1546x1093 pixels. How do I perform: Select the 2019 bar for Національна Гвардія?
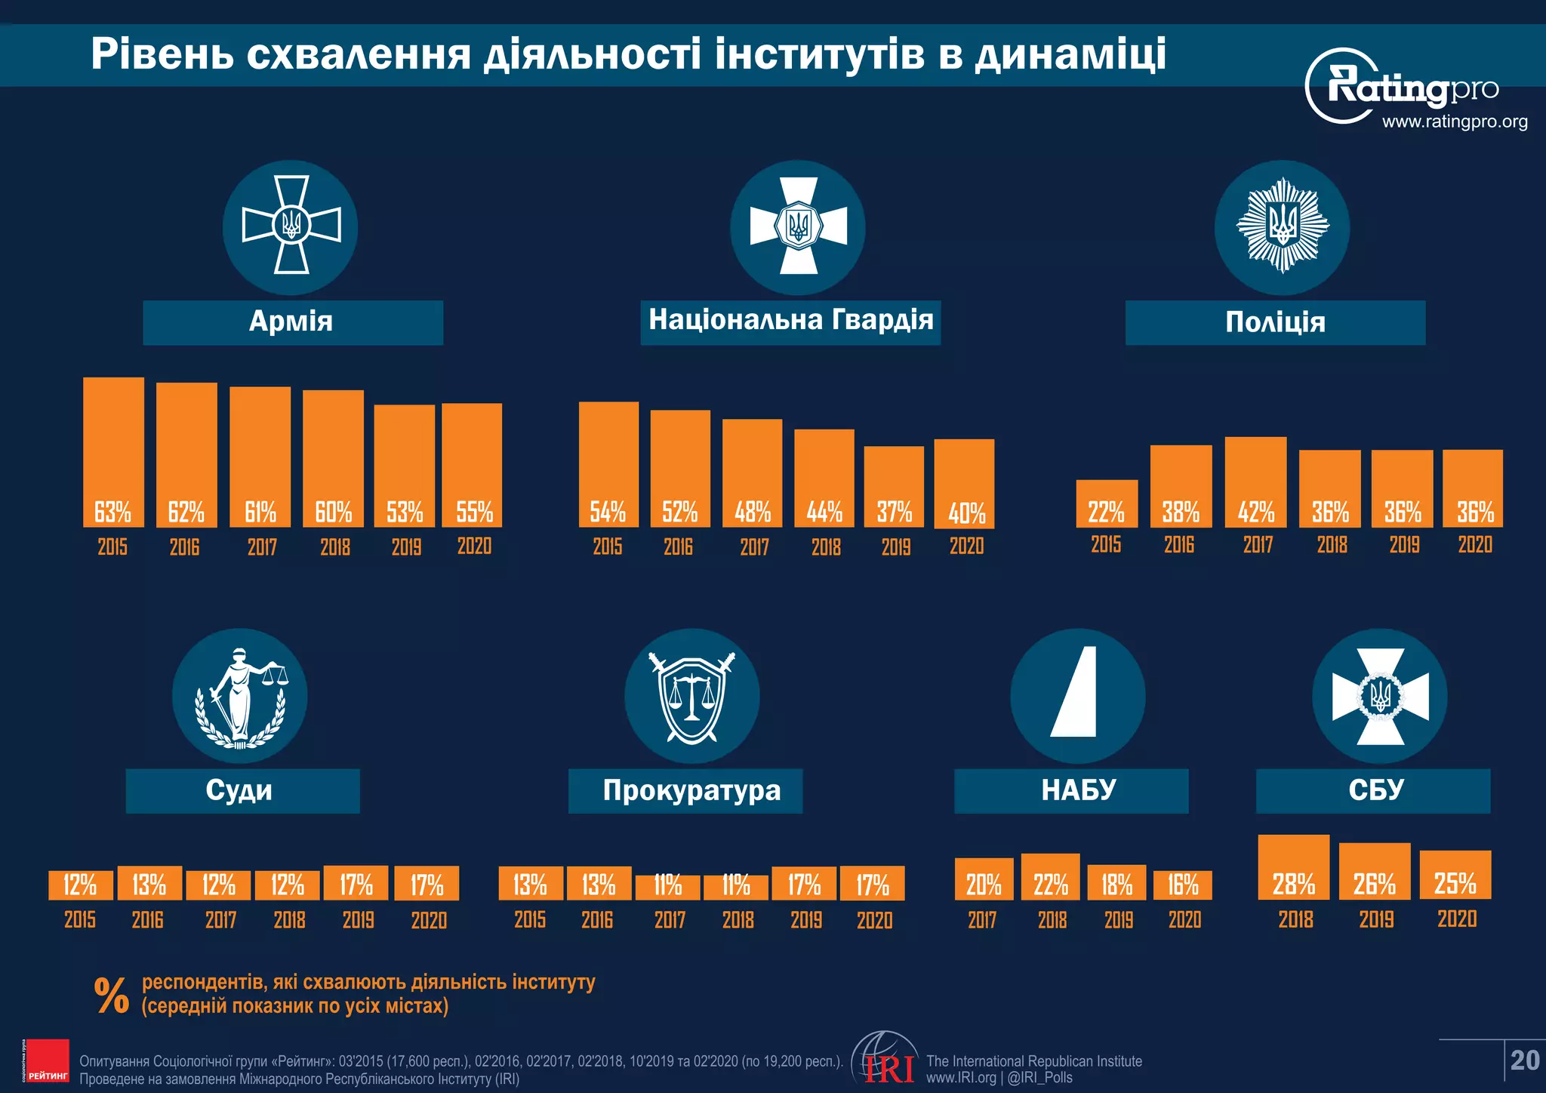(894, 486)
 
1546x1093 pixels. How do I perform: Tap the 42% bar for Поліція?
(1255, 481)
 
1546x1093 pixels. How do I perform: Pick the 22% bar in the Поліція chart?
(1107, 503)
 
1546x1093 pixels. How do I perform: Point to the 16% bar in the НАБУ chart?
(1182, 885)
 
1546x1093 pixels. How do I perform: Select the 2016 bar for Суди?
(149, 882)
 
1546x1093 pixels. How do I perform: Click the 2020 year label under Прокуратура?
(874, 920)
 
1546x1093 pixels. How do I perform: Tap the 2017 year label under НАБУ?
(982, 920)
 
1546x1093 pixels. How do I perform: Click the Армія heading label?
(292, 322)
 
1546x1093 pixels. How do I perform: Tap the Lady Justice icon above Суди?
(239, 696)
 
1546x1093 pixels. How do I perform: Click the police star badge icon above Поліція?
(1282, 226)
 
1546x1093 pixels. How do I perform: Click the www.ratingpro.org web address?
(1454, 122)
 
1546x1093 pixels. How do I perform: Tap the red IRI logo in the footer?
(888, 1067)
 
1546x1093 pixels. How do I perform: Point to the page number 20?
(1524, 1061)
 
